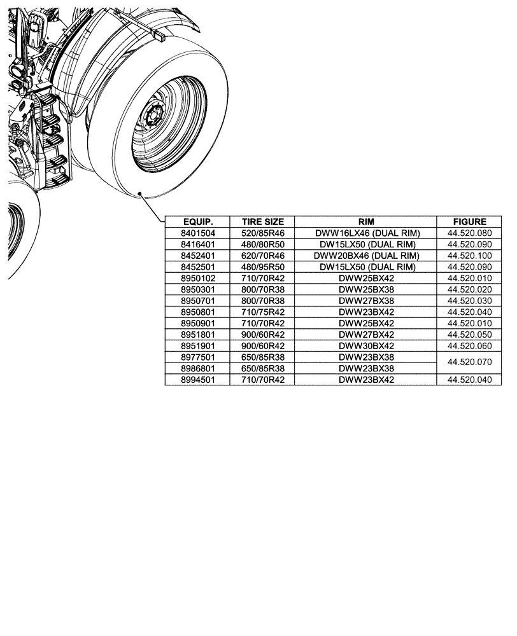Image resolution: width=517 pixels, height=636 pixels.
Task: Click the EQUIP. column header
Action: click(197, 222)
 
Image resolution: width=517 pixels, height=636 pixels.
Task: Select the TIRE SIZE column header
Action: click(262, 222)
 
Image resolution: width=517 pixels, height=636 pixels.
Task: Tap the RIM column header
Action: click(366, 222)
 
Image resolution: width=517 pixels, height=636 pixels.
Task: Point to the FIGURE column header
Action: click(470, 222)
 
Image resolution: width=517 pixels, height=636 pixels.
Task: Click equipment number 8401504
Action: click(197, 233)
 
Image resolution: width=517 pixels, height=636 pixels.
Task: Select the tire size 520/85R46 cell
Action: click(262, 233)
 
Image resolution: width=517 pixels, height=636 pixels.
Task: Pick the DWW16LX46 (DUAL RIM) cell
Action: click(366, 233)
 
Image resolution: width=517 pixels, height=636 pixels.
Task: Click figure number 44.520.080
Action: click(470, 233)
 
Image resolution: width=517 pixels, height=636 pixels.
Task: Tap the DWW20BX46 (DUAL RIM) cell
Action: click(366, 256)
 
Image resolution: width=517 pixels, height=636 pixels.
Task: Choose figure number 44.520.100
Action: click(470, 256)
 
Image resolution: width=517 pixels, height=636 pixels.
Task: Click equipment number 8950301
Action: click(197, 289)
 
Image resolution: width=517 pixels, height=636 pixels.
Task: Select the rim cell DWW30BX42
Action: click(366, 346)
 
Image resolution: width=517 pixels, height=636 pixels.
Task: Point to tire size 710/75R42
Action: click(262, 312)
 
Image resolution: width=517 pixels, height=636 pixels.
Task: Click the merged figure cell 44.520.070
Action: click(470, 363)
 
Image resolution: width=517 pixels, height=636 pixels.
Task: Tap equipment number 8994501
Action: click(197, 380)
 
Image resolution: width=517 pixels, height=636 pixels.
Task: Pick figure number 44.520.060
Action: click(470, 346)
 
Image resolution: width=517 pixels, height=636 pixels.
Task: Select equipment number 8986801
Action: click(197, 368)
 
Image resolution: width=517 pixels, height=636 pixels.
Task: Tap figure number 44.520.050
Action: click(470, 335)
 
